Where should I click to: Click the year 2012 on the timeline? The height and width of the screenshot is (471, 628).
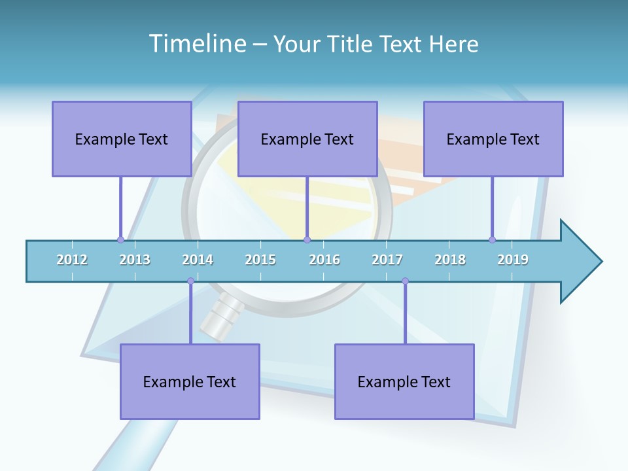(x=72, y=260)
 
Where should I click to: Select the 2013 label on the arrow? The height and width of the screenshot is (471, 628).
(x=135, y=260)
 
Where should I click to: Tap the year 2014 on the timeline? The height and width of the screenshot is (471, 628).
(x=198, y=260)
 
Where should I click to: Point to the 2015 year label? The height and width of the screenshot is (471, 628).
(x=260, y=260)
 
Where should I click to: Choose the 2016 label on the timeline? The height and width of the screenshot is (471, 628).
(x=324, y=260)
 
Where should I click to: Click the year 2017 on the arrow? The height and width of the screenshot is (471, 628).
(x=387, y=260)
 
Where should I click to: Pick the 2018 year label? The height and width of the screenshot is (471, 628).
(x=450, y=260)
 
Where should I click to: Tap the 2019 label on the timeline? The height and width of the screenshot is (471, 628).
(x=513, y=260)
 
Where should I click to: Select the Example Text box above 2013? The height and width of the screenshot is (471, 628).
(x=122, y=139)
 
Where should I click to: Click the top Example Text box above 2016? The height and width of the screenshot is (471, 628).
(x=307, y=139)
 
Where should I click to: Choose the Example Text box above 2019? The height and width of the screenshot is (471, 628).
(x=493, y=139)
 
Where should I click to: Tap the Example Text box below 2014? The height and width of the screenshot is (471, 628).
(x=190, y=381)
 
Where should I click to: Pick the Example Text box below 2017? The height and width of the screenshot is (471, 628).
(x=404, y=381)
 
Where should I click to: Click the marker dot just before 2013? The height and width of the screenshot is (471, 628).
(x=120, y=239)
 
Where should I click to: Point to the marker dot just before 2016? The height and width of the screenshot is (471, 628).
(x=307, y=239)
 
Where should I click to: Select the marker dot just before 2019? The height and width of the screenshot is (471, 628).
(x=492, y=239)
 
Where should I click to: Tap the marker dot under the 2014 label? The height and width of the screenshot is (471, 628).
(x=190, y=281)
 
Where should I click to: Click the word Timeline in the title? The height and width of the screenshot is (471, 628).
(x=196, y=44)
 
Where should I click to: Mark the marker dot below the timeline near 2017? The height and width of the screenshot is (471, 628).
(x=405, y=281)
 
